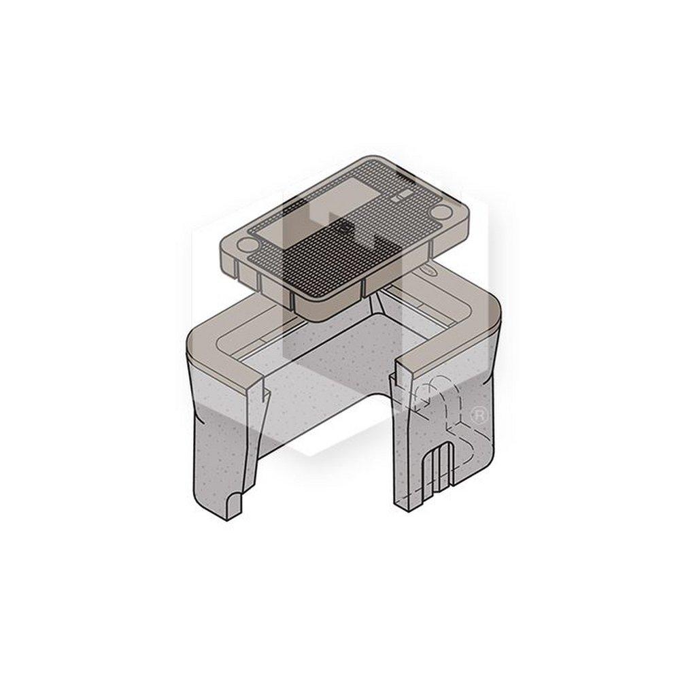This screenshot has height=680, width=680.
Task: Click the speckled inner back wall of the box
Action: (340, 354)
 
